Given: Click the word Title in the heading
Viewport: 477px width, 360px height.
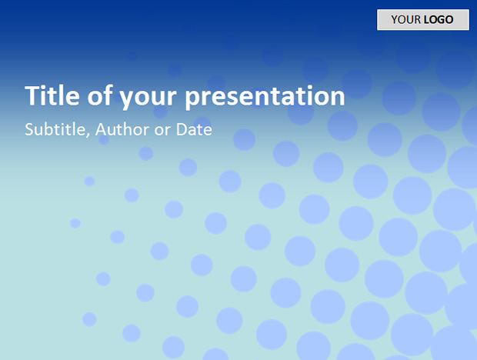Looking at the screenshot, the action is point(52,96).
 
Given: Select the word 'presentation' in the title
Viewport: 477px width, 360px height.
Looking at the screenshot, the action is point(265,97).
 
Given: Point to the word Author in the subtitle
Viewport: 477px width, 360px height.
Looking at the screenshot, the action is point(122,129).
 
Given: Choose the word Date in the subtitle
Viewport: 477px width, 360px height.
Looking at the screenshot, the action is point(194,129).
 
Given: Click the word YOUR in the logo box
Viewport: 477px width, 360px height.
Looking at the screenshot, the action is point(405,20).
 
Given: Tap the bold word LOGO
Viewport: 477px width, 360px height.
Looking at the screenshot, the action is point(439,20).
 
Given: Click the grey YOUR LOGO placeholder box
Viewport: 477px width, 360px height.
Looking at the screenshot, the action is point(423,20).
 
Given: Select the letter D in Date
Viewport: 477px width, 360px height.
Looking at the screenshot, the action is point(182,129).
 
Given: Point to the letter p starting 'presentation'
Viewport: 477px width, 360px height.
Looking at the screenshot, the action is point(192,99).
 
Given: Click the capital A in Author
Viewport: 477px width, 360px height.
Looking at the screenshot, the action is point(102,129).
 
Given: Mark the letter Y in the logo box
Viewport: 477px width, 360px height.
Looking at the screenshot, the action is point(395,20).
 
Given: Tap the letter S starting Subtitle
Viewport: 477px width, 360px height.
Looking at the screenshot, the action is point(29,129).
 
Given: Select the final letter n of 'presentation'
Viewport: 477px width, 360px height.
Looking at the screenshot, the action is point(338,97).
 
